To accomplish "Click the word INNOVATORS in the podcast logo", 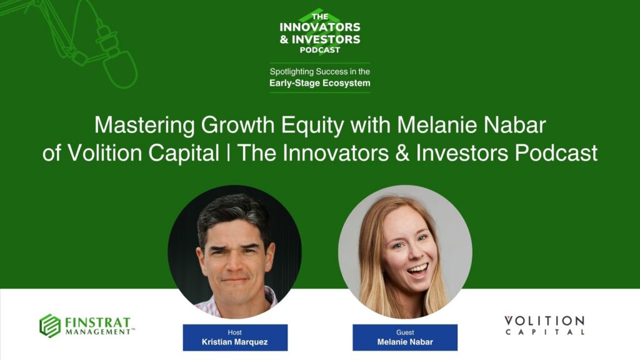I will [x=319, y=27].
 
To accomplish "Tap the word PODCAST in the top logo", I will [x=319, y=50].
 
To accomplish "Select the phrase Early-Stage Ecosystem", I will [x=319, y=83].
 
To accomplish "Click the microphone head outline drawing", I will [x=119, y=68].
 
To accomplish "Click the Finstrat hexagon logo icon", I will [x=50, y=326].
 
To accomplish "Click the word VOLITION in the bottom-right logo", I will [x=544, y=321].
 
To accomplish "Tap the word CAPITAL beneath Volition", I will [x=544, y=332].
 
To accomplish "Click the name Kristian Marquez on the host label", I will [x=235, y=342].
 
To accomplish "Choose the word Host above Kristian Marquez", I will [x=235, y=332].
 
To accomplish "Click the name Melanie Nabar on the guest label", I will [x=404, y=342].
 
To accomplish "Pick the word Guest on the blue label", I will [x=404, y=332].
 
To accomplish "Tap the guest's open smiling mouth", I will [x=417, y=269].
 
